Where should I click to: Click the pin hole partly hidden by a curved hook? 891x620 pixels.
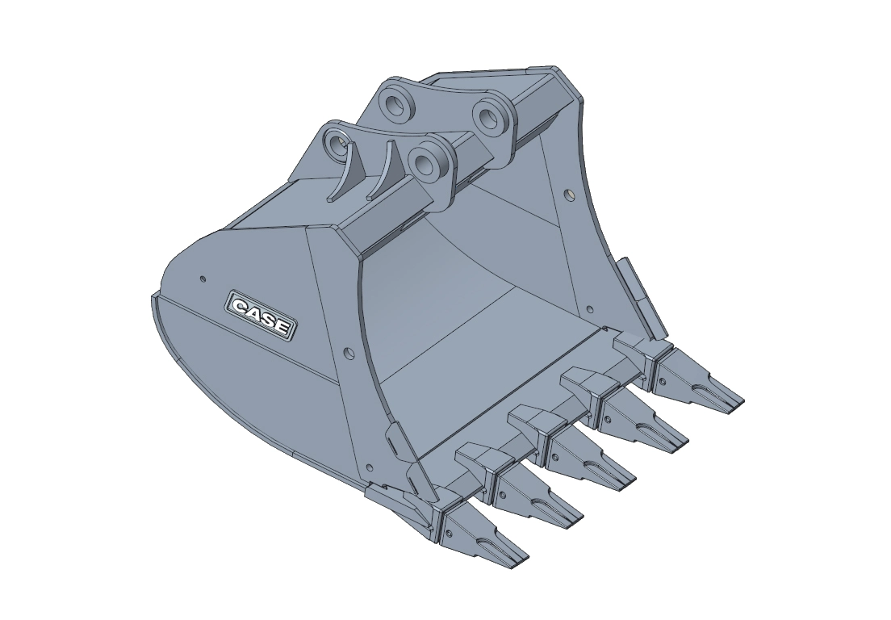pyautogui.click(x=336, y=145)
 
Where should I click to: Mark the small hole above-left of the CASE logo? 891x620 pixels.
pyautogui.click(x=202, y=279)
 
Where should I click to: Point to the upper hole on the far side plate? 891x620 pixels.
pyautogui.click(x=570, y=195)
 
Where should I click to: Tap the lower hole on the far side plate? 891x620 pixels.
pyautogui.click(x=591, y=309)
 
